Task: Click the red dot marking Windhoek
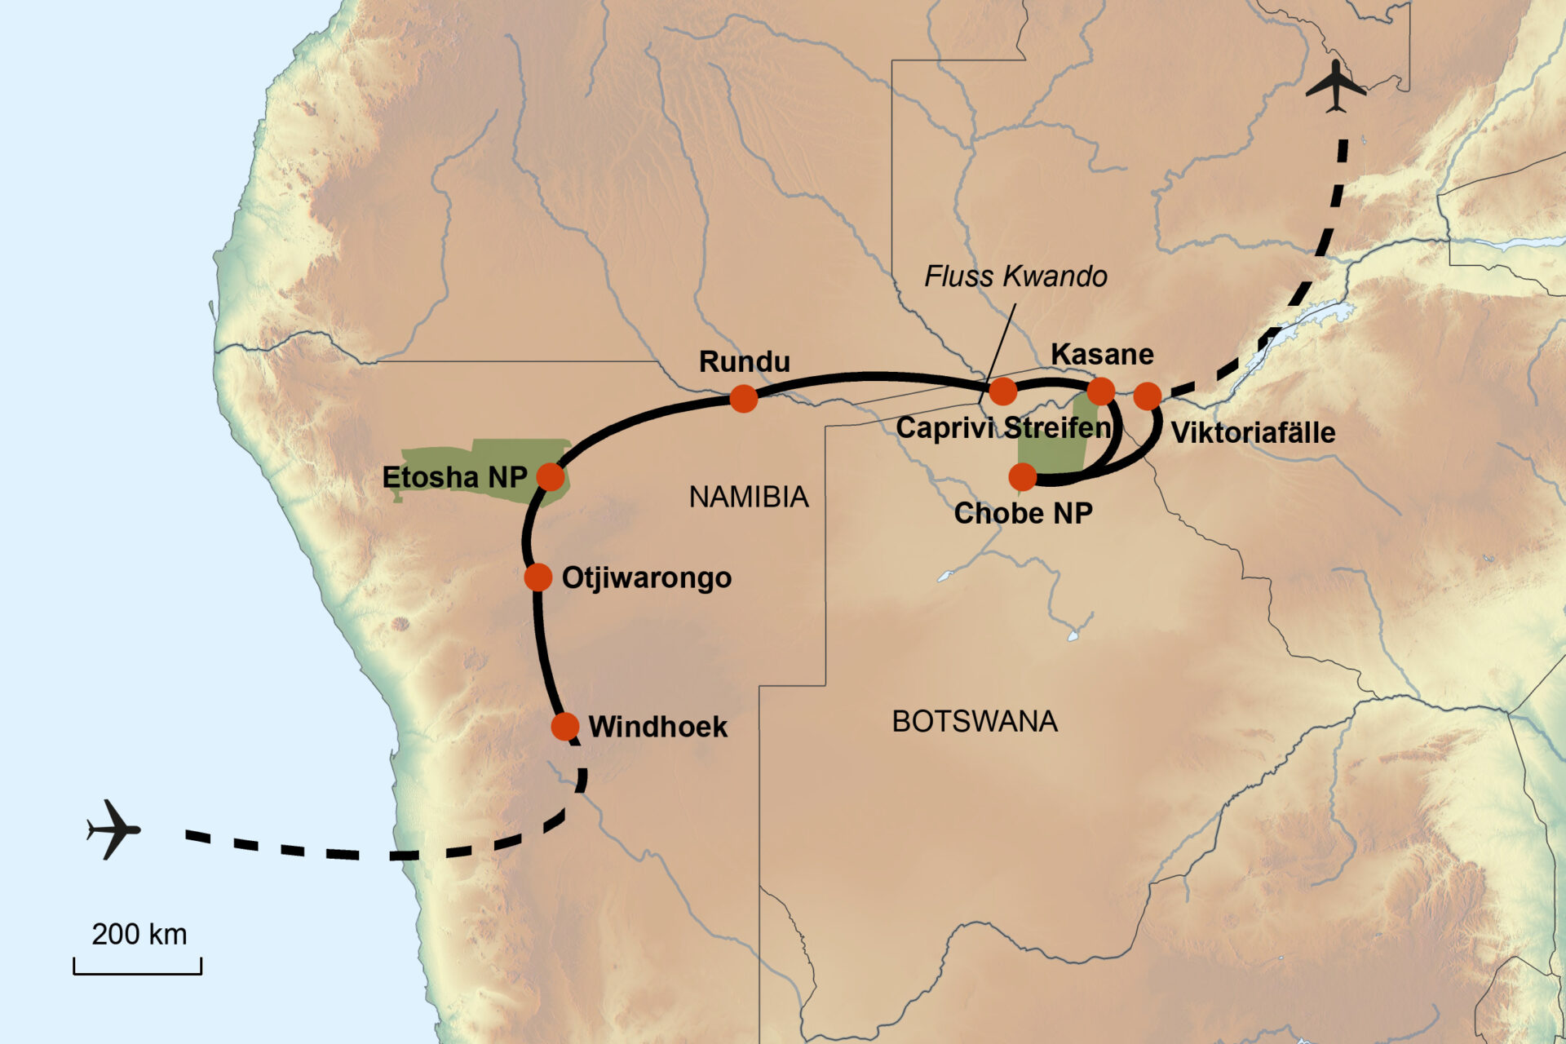[x=565, y=726]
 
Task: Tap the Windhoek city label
[x=657, y=727]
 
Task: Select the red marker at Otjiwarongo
[x=538, y=577]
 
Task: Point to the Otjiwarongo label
[x=647, y=577]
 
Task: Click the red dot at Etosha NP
[x=551, y=476]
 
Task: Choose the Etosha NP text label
[x=454, y=477]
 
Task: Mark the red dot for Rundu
[x=744, y=399]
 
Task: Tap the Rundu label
[x=745, y=361]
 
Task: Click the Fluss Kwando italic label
[x=1015, y=276]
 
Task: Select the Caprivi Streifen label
[x=1003, y=428]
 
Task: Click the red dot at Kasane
[x=1101, y=391]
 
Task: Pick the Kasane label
[x=1102, y=354]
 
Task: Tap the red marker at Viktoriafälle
[x=1148, y=396]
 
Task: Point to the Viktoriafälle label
[x=1253, y=432]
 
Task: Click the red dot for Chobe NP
[x=1023, y=476]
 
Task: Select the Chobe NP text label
[x=1023, y=513]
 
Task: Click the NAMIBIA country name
[x=749, y=497]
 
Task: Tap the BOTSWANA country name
[x=975, y=721]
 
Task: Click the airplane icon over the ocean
[x=114, y=829]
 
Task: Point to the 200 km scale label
[x=139, y=934]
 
